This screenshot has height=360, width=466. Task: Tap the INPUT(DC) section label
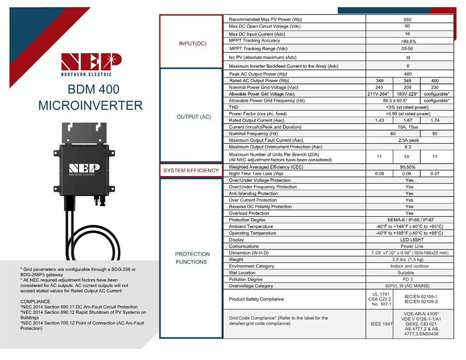192,43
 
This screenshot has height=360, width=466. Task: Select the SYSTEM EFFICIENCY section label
191,170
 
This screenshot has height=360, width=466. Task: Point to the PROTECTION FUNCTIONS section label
192,258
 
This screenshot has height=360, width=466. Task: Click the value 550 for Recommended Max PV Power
407,20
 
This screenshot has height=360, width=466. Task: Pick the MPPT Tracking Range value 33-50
407,48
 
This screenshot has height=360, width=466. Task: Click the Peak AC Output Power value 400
407,74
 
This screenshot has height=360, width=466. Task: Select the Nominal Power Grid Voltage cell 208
407,87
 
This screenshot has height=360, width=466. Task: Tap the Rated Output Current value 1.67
407,120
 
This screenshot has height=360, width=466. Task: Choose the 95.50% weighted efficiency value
407,167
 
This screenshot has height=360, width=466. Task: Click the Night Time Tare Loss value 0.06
407,173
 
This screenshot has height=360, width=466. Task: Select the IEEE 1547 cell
379,322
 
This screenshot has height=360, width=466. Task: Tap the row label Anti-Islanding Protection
254,193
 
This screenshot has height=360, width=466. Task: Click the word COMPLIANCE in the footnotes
36,302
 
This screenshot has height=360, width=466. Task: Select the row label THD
233,107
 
